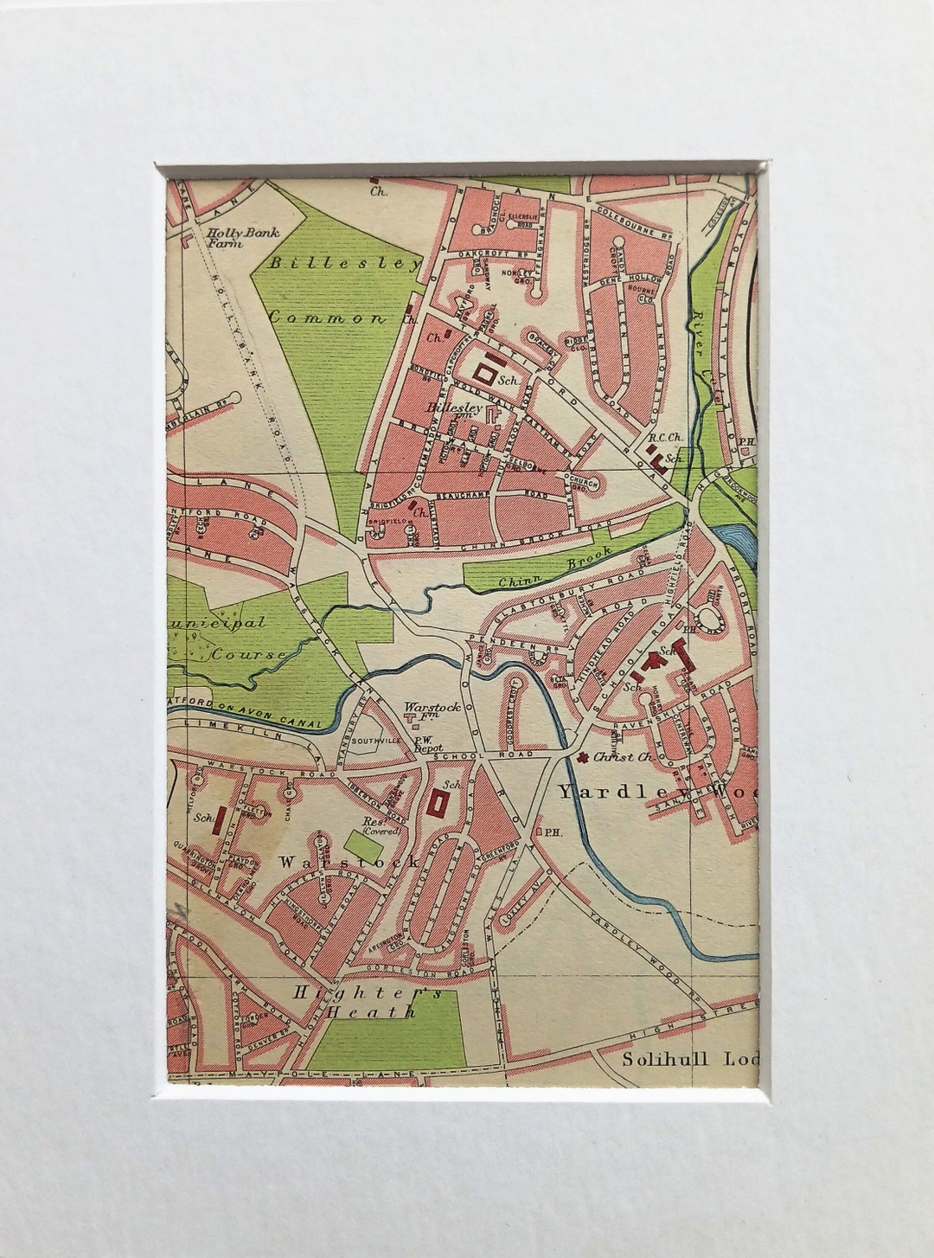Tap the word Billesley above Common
[343, 263]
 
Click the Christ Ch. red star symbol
[584, 758]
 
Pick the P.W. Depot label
[428, 743]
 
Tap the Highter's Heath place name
[367, 1002]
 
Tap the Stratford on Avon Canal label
[246, 708]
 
